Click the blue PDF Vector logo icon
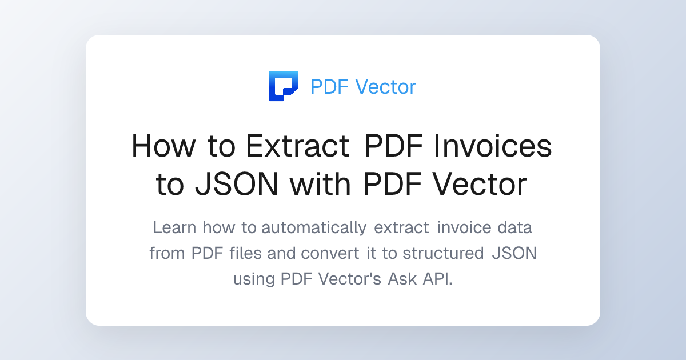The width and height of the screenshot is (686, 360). point(283,86)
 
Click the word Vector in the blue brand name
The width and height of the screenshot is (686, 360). point(385,87)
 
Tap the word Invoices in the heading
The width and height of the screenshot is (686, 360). point(493,146)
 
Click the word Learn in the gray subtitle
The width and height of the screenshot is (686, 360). point(174,227)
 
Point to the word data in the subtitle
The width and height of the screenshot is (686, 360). point(514,227)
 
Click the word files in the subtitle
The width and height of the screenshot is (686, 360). point(245,253)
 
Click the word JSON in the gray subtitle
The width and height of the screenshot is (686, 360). point(514,253)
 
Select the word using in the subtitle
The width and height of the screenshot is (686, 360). point(254,279)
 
